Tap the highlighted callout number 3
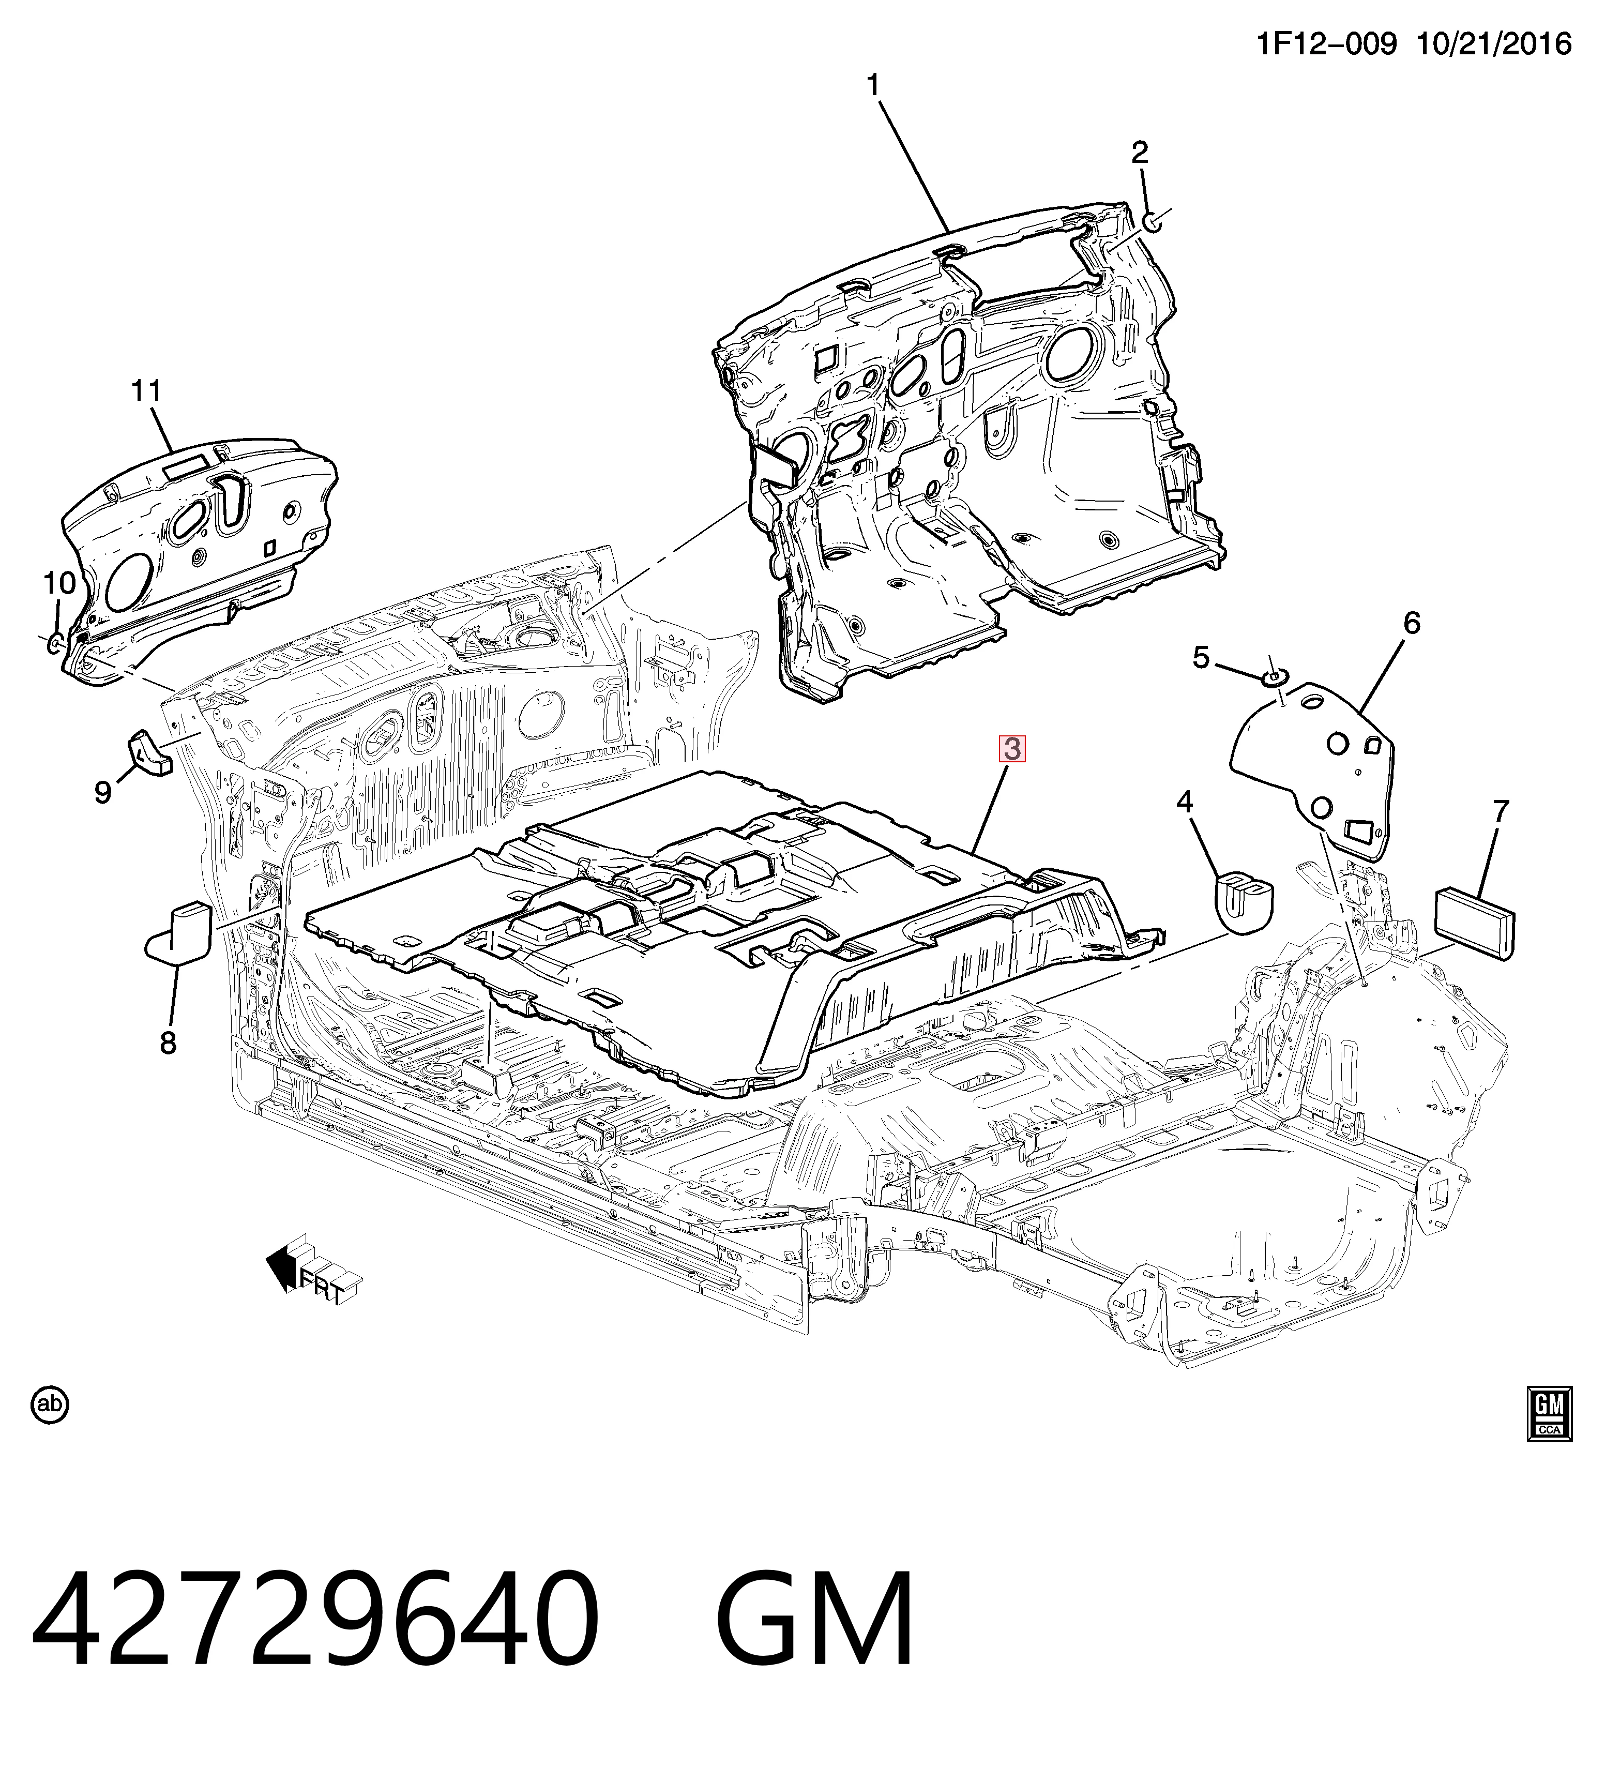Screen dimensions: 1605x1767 click(1012, 749)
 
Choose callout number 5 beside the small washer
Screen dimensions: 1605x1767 click(1201, 657)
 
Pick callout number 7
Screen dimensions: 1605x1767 click(1501, 812)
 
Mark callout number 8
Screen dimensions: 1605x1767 click(168, 1043)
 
